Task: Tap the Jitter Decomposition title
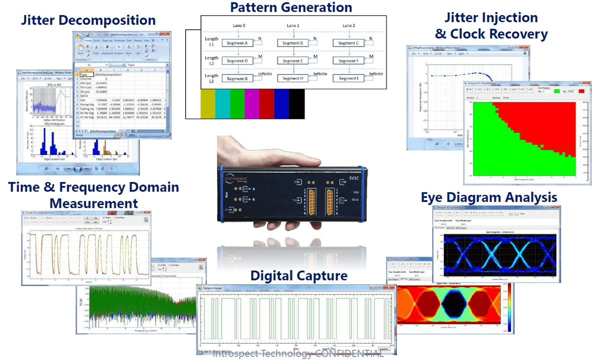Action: (88, 20)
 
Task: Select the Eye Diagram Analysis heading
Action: (489, 197)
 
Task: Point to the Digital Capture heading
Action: (299, 275)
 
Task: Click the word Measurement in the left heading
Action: (94, 203)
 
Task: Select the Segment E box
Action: (293, 61)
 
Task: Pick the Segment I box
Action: (350, 78)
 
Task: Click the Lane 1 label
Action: (293, 25)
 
